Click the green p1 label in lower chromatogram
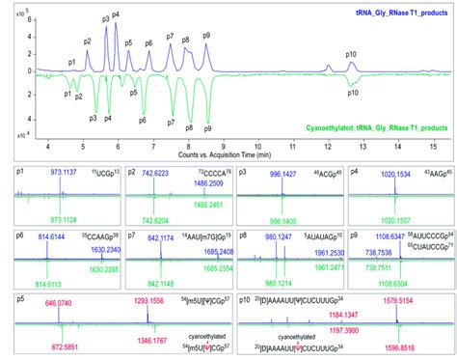[67, 94]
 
